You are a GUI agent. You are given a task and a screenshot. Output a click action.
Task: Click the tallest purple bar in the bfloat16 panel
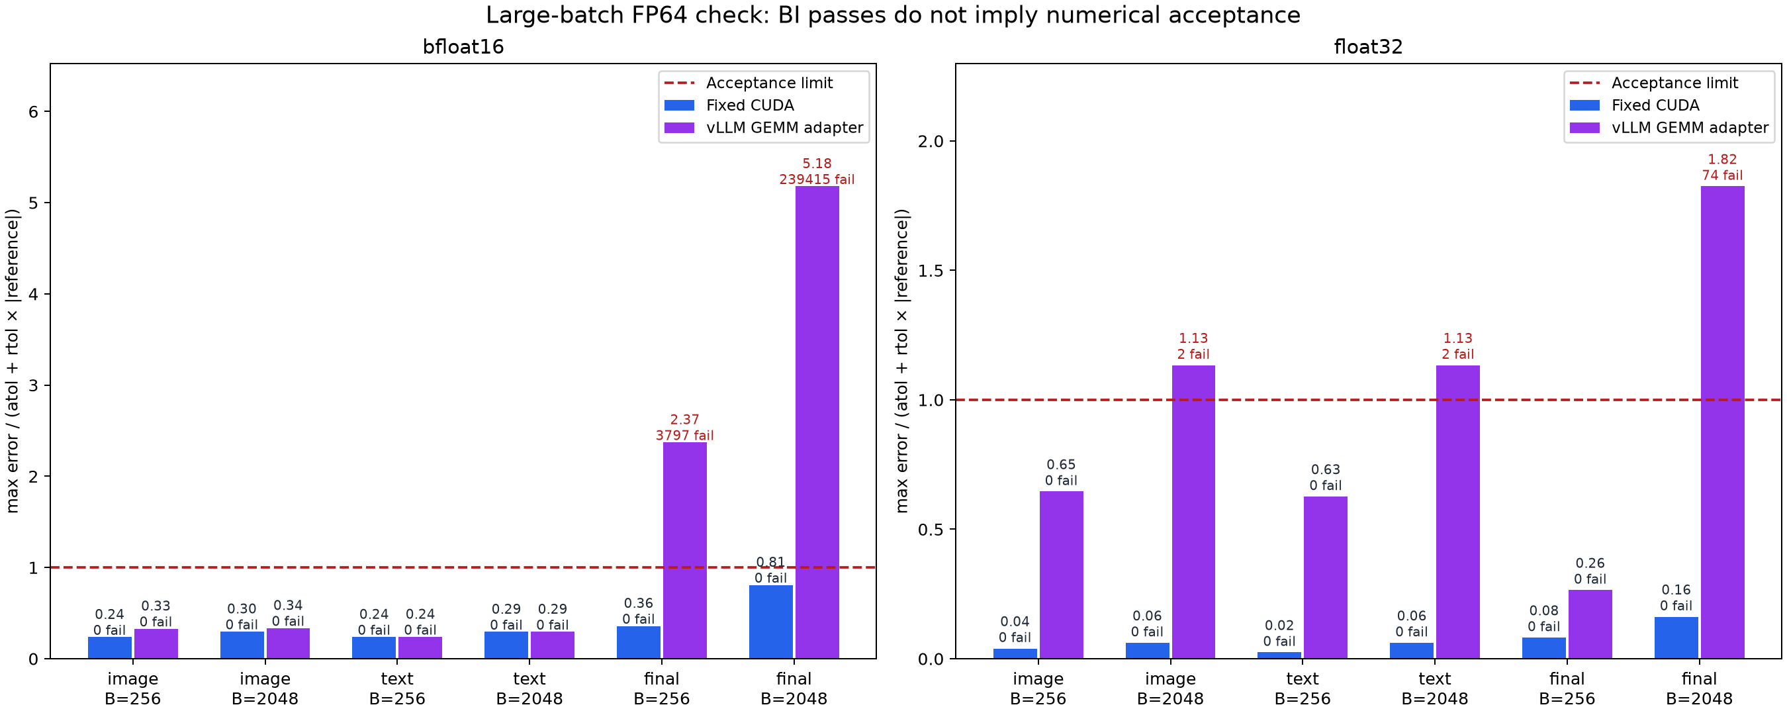tap(817, 422)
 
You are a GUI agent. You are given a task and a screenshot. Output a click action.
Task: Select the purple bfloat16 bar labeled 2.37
tap(685, 550)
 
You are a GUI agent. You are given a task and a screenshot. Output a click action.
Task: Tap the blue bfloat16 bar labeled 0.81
tap(770, 622)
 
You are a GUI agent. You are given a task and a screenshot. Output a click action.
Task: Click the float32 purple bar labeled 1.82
tap(1723, 422)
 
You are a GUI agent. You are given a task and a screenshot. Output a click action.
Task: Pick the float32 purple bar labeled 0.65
tap(1062, 575)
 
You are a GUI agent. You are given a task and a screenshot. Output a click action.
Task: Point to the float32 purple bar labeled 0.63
tap(1326, 577)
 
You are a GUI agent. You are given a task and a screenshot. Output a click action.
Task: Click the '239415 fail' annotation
tap(817, 180)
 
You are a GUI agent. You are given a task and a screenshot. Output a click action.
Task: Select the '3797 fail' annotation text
tap(685, 436)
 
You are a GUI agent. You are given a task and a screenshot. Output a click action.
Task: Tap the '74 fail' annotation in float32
tap(1723, 175)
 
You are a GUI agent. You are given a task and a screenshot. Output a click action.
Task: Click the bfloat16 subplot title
tap(463, 47)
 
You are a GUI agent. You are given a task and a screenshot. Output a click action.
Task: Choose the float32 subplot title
tap(1368, 47)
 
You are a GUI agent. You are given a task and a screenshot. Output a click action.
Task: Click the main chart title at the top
tap(893, 15)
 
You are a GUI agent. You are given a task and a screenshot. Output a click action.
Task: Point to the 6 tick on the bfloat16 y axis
tap(33, 112)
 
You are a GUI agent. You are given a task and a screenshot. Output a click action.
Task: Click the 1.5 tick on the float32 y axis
tap(931, 271)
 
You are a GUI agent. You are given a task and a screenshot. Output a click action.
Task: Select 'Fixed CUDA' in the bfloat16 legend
tap(750, 105)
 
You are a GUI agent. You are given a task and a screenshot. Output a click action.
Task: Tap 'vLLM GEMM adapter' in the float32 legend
tap(1690, 128)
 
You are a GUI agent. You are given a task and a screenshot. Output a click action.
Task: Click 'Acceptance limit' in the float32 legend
tap(1674, 83)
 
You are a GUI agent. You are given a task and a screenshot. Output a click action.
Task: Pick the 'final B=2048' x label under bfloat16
tap(794, 689)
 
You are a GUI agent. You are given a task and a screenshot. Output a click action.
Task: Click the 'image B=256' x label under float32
tap(1038, 689)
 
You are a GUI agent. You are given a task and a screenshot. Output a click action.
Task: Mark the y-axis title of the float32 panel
tap(902, 361)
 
